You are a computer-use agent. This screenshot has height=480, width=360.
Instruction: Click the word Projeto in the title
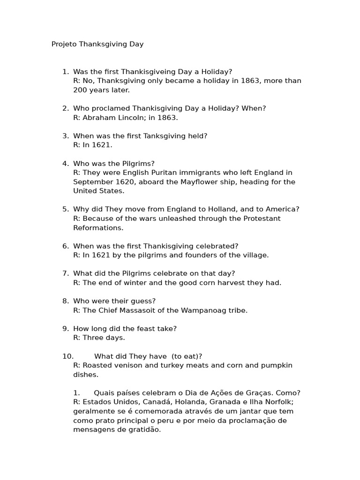pos(64,45)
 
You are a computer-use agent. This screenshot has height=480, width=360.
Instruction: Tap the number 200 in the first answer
pos(80,90)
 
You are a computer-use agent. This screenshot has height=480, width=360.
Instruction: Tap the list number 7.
pos(66,273)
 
